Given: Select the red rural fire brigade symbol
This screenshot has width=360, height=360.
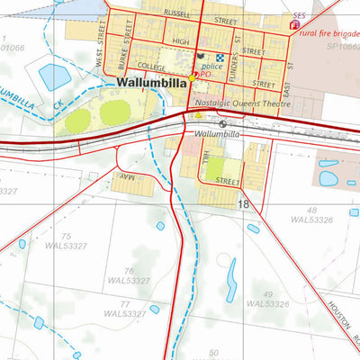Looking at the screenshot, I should (x=293, y=26).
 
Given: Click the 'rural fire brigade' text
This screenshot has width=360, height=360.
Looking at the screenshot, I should (x=329, y=31).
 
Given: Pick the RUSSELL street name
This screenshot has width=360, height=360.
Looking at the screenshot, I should (x=176, y=14).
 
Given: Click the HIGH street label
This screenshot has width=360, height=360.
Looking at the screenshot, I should (x=180, y=40).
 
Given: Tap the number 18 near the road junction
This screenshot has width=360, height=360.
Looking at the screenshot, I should (x=243, y=205).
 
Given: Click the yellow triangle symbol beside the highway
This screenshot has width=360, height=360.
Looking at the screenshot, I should (x=198, y=115).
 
